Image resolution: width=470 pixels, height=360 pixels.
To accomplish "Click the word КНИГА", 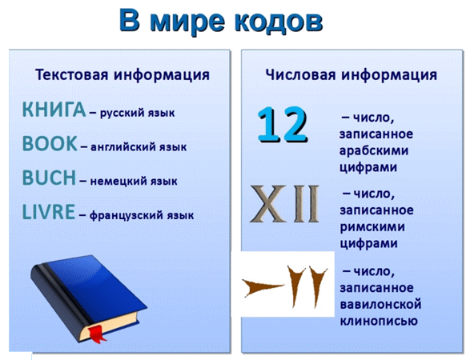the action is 54,110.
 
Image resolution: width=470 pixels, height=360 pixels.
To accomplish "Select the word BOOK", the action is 50,143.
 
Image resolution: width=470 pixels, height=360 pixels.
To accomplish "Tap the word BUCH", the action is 49,178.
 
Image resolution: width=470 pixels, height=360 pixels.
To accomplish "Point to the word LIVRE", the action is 49,212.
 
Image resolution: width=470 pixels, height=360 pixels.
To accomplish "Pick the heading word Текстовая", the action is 71,74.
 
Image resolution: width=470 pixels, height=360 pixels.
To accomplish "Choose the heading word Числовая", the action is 300,74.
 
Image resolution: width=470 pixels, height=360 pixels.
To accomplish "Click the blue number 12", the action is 283,124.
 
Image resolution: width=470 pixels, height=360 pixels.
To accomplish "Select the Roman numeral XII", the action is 284,204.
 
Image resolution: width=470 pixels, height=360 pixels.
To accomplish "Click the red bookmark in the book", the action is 97,333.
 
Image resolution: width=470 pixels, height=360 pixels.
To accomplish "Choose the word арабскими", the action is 374,150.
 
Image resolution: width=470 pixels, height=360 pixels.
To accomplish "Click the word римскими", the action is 372,227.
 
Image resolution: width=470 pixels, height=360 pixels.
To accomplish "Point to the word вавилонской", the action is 380,305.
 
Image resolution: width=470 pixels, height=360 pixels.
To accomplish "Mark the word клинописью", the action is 379,321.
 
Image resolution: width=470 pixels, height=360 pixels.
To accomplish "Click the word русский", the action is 123,114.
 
